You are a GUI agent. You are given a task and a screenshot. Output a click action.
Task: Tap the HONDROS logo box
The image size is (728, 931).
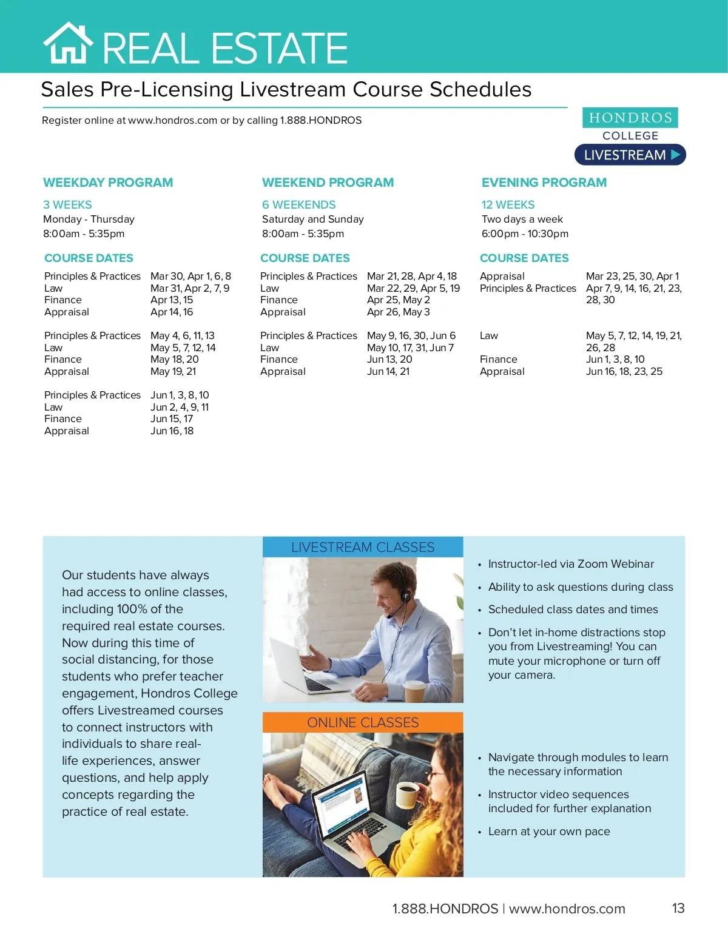tap(630, 118)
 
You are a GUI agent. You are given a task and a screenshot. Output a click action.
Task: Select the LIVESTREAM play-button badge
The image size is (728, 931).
tap(630, 155)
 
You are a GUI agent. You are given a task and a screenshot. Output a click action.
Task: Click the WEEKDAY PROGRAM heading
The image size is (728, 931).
tap(108, 183)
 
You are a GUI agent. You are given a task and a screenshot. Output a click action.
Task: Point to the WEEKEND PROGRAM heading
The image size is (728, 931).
tap(328, 183)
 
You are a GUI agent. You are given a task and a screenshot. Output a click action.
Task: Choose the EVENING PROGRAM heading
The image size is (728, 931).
tap(544, 183)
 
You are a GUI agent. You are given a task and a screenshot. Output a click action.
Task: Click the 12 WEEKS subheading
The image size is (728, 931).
tap(508, 205)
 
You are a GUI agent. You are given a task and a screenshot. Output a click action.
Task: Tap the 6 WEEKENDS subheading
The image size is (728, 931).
tap(298, 205)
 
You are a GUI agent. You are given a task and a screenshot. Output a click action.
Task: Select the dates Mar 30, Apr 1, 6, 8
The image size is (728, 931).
tap(190, 277)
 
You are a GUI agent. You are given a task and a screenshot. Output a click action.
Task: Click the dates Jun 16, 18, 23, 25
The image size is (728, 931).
tap(624, 371)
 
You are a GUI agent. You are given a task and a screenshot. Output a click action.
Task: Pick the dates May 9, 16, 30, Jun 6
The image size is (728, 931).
tap(411, 336)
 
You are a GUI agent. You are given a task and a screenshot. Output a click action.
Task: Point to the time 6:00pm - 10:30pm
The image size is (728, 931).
tap(525, 234)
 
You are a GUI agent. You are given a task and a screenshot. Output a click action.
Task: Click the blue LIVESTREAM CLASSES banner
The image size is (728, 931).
tap(363, 547)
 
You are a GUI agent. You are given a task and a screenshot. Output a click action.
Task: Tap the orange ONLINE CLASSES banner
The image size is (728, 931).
tap(363, 722)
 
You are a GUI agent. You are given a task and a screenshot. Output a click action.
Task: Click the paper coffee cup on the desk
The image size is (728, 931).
tap(415, 691)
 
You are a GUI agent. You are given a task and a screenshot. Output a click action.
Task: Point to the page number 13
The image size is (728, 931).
tap(678, 908)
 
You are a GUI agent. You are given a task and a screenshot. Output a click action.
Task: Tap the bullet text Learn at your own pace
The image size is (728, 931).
tap(549, 832)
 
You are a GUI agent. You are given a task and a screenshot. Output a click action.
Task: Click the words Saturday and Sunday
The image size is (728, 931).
tap(312, 220)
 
